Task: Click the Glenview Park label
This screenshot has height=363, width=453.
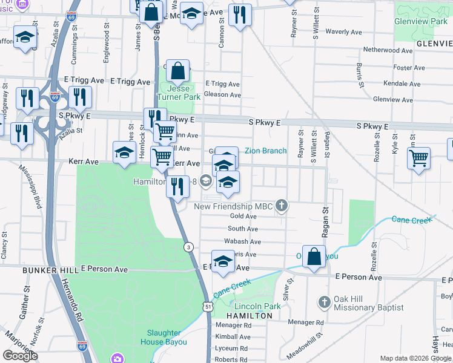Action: pyautogui.click(x=421, y=21)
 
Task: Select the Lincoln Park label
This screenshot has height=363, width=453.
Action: pyautogui.click(x=257, y=306)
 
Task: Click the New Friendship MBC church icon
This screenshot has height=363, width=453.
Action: pyautogui.click(x=281, y=206)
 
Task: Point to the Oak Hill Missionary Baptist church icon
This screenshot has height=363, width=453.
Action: pyautogui.click(x=324, y=301)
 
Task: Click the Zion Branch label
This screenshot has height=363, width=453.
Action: pyautogui.click(x=265, y=151)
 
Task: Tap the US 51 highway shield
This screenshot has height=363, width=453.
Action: pyautogui.click(x=208, y=307)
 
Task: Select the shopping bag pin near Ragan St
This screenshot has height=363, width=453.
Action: pyautogui.click(x=314, y=257)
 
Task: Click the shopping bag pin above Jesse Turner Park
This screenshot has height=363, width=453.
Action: pyautogui.click(x=178, y=72)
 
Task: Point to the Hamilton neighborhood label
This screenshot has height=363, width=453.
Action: pyautogui.click(x=250, y=316)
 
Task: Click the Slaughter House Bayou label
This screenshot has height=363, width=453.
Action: pyautogui.click(x=164, y=338)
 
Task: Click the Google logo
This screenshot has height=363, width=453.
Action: pyautogui.click(x=20, y=356)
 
